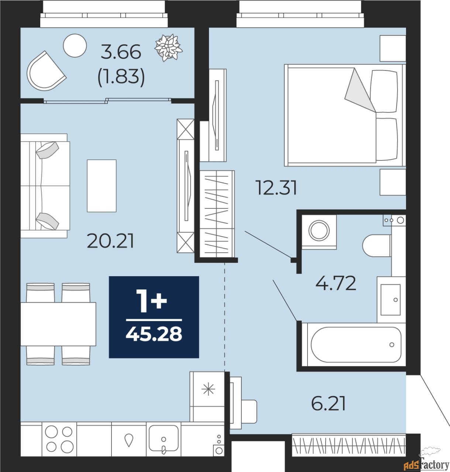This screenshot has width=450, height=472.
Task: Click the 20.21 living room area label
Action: [110, 241]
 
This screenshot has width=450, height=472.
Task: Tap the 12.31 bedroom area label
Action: [276, 188]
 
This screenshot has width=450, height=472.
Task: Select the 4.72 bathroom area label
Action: [336, 284]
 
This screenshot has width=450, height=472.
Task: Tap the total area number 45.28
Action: [154, 334]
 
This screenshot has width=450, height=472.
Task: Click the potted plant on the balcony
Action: [169, 48]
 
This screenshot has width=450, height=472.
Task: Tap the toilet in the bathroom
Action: [377, 246]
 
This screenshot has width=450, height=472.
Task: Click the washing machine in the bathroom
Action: [319, 231]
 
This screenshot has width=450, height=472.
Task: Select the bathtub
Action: [355, 345]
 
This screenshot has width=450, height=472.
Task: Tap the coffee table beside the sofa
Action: [102, 186]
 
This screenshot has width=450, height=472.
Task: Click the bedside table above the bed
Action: [393, 48]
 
